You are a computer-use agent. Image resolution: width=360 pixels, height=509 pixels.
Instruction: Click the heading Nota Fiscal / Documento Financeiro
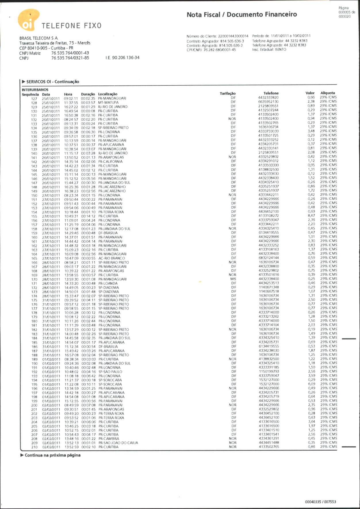click(x=242, y=15)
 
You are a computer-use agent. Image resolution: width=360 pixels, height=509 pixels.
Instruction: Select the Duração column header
click(x=88, y=94)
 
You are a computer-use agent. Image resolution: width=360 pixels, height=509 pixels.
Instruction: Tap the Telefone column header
click(x=271, y=93)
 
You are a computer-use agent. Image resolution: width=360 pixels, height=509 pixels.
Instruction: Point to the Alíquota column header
click(x=328, y=93)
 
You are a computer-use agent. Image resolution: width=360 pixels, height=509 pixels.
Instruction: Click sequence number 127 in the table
click(x=34, y=99)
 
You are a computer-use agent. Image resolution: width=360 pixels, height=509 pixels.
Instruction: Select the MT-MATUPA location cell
click(x=108, y=103)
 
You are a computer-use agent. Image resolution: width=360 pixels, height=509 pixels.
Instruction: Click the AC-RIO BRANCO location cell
click(x=112, y=258)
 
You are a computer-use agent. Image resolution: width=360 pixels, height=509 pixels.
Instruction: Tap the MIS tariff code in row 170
click(x=233, y=279)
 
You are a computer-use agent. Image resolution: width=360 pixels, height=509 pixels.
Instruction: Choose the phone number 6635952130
click(x=268, y=101)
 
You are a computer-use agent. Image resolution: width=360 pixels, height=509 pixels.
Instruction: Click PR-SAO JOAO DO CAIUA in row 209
click(x=118, y=443)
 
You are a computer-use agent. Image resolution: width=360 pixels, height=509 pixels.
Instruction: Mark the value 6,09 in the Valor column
click(x=311, y=384)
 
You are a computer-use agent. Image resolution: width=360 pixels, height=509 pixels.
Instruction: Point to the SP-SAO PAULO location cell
click(x=110, y=372)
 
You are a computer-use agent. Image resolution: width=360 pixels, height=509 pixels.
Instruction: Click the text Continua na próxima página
click(x=52, y=455)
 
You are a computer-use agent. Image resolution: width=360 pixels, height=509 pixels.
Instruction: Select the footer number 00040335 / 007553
click(x=320, y=502)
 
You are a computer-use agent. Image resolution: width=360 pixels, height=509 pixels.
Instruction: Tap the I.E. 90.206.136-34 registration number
click(x=122, y=58)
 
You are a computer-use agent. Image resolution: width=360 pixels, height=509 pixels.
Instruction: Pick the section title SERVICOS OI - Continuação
click(x=53, y=82)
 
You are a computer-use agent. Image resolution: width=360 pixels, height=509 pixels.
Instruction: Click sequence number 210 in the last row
click(x=34, y=447)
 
